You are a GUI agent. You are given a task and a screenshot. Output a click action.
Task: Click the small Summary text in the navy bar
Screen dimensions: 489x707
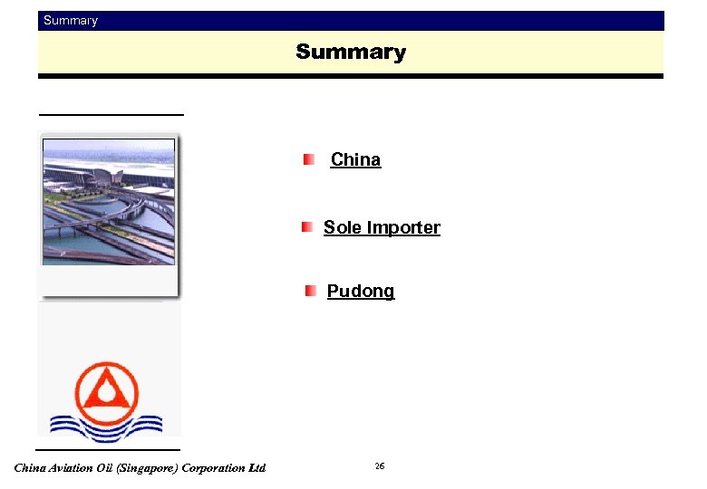click(x=71, y=21)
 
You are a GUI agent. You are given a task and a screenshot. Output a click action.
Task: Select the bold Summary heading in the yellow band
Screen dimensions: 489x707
click(x=351, y=53)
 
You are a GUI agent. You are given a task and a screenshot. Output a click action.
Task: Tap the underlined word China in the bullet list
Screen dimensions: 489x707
click(x=355, y=159)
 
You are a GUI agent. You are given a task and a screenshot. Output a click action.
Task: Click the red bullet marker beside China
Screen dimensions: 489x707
click(x=309, y=159)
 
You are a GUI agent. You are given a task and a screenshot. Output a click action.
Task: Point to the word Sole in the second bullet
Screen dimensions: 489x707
click(x=342, y=227)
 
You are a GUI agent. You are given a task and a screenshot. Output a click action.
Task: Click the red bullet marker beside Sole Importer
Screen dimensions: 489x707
click(x=308, y=226)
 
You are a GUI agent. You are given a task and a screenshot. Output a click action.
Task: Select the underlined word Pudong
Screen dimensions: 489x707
click(x=361, y=291)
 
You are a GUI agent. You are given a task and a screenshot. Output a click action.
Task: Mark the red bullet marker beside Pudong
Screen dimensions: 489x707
click(x=310, y=291)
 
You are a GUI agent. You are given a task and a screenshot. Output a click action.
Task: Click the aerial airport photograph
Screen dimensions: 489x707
click(x=109, y=201)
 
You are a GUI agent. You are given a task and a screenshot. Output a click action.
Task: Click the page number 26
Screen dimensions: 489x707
click(x=380, y=465)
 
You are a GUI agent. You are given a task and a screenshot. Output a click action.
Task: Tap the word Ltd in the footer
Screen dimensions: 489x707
click(x=257, y=468)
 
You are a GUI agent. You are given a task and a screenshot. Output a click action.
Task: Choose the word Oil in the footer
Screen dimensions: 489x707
click(x=104, y=468)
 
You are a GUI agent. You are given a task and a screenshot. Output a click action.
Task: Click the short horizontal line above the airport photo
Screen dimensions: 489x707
click(x=111, y=115)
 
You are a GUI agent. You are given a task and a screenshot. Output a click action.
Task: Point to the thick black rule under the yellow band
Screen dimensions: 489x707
click(x=351, y=76)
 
